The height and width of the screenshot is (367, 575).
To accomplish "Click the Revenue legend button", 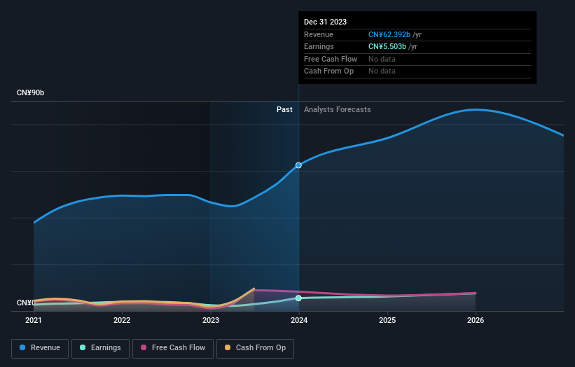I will [41, 348].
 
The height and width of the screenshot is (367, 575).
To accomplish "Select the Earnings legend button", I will [101, 348].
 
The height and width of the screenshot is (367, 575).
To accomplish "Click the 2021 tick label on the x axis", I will [34, 321].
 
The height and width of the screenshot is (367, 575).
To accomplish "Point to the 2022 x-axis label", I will [122, 321].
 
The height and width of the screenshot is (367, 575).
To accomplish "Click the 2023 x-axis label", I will [211, 321].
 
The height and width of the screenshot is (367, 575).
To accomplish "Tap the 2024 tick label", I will [299, 321].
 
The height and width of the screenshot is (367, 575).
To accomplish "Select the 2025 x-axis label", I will [387, 321].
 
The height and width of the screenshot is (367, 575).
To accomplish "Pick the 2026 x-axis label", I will [476, 321].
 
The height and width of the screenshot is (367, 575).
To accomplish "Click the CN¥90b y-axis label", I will [31, 93].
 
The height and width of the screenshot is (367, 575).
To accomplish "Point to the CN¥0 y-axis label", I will [26, 303].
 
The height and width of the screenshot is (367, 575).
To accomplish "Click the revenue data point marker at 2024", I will [299, 165].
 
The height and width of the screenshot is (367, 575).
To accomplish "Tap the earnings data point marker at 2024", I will [299, 298].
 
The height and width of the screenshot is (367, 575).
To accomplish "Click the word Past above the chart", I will [284, 109].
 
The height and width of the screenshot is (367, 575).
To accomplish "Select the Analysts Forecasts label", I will [337, 109].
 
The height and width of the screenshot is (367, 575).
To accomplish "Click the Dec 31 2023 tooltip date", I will [325, 22].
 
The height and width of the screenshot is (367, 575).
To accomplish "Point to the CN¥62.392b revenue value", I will [389, 34].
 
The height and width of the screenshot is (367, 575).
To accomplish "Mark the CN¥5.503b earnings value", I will [387, 46].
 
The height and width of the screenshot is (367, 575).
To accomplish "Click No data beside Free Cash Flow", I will [382, 59].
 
